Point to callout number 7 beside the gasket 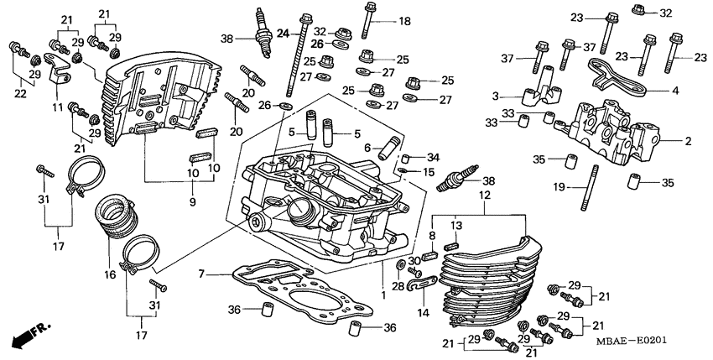point(201,274)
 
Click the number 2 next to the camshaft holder point(688,141)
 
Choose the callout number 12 point(483,195)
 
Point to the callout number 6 point(367,147)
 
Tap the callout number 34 point(433,157)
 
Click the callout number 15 point(429,172)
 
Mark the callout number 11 point(57,109)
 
